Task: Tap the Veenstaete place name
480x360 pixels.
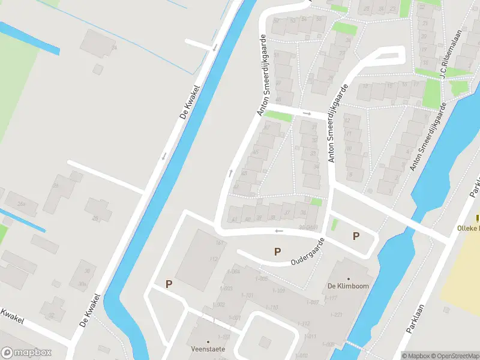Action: pos(208,349)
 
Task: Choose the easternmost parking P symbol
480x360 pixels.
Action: pos(356,236)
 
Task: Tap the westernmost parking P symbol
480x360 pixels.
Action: pos(169,284)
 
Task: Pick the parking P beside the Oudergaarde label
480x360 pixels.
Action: pos(277,252)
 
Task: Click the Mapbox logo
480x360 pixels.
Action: pos(26,353)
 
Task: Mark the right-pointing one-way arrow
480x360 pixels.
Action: pos(307,113)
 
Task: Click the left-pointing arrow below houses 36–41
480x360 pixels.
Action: pos(277,231)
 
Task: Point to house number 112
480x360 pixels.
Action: pos(213,259)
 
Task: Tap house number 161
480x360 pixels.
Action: pos(220,243)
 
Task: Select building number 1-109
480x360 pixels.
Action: pos(278,291)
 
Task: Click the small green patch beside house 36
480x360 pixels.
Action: pos(316,202)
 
